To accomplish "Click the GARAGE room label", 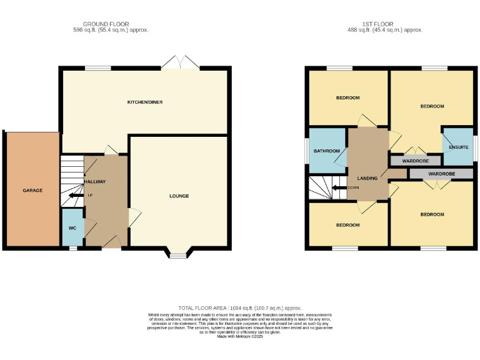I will click(x=32, y=190).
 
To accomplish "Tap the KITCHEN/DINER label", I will click(x=145, y=102).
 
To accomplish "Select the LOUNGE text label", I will click(x=179, y=196).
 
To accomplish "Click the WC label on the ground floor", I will click(x=72, y=228).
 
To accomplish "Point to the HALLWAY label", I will click(x=95, y=182).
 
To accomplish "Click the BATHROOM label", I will click(x=326, y=151).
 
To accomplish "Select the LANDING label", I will click(x=367, y=178).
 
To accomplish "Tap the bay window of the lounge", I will click(x=177, y=254).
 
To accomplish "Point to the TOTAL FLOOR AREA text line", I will click(x=240, y=308).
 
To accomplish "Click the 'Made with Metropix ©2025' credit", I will click(x=240, y=336).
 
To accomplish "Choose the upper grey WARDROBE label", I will click(x=414, y=161).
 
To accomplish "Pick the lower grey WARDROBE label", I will click(x=441, y=173).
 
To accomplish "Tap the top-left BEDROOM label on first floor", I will click(x=347, y=97).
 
